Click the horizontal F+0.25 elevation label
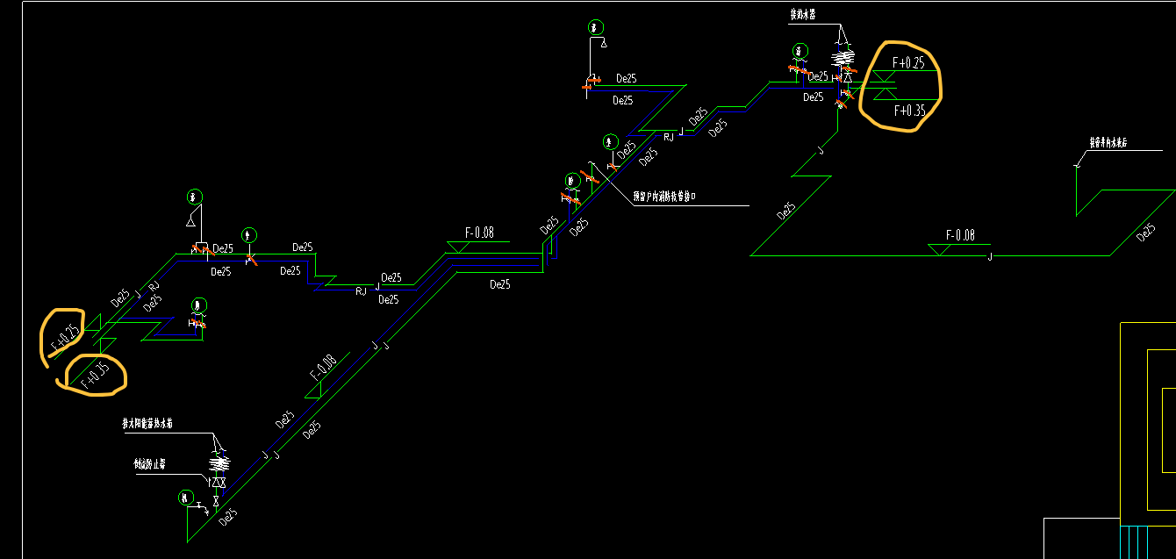pyautogui.click(x=908, y=63)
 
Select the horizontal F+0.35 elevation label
pyautogui.click(x=909, y=111)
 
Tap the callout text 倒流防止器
pyautogui.click(x=150, y=462)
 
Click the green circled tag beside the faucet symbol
pyautogui.click(x=185, y=498)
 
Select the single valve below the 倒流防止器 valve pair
pyautogui.click(x=215, y=500)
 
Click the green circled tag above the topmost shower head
pyautogui.click(x=597, y=27)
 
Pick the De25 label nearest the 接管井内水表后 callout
pyautogui.click(x=1145, y=233)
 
